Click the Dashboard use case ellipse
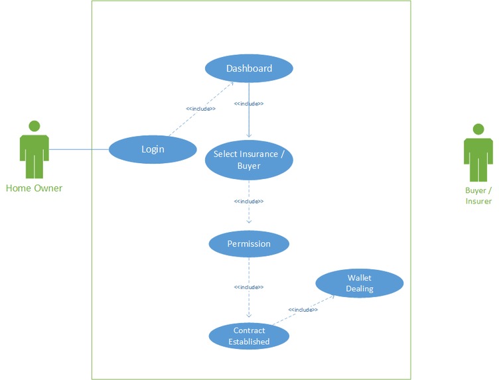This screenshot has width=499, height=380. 249,69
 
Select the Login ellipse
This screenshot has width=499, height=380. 153,149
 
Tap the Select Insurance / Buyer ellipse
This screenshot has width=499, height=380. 249,160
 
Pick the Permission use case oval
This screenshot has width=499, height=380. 249,244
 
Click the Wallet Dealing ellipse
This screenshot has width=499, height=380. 359,283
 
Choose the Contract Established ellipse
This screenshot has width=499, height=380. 249,336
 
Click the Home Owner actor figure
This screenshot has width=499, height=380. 34,156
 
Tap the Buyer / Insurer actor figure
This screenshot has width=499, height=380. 478,159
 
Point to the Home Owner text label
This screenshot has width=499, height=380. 34,188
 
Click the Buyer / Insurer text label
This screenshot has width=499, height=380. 478,196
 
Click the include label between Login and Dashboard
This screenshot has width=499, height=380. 200,108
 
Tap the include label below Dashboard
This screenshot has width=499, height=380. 249,103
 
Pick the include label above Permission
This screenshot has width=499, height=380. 249,201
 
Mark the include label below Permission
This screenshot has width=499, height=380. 249,287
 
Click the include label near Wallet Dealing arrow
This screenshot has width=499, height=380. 303,310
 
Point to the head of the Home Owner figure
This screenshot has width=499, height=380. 34,125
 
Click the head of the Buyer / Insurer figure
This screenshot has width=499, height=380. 478,129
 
